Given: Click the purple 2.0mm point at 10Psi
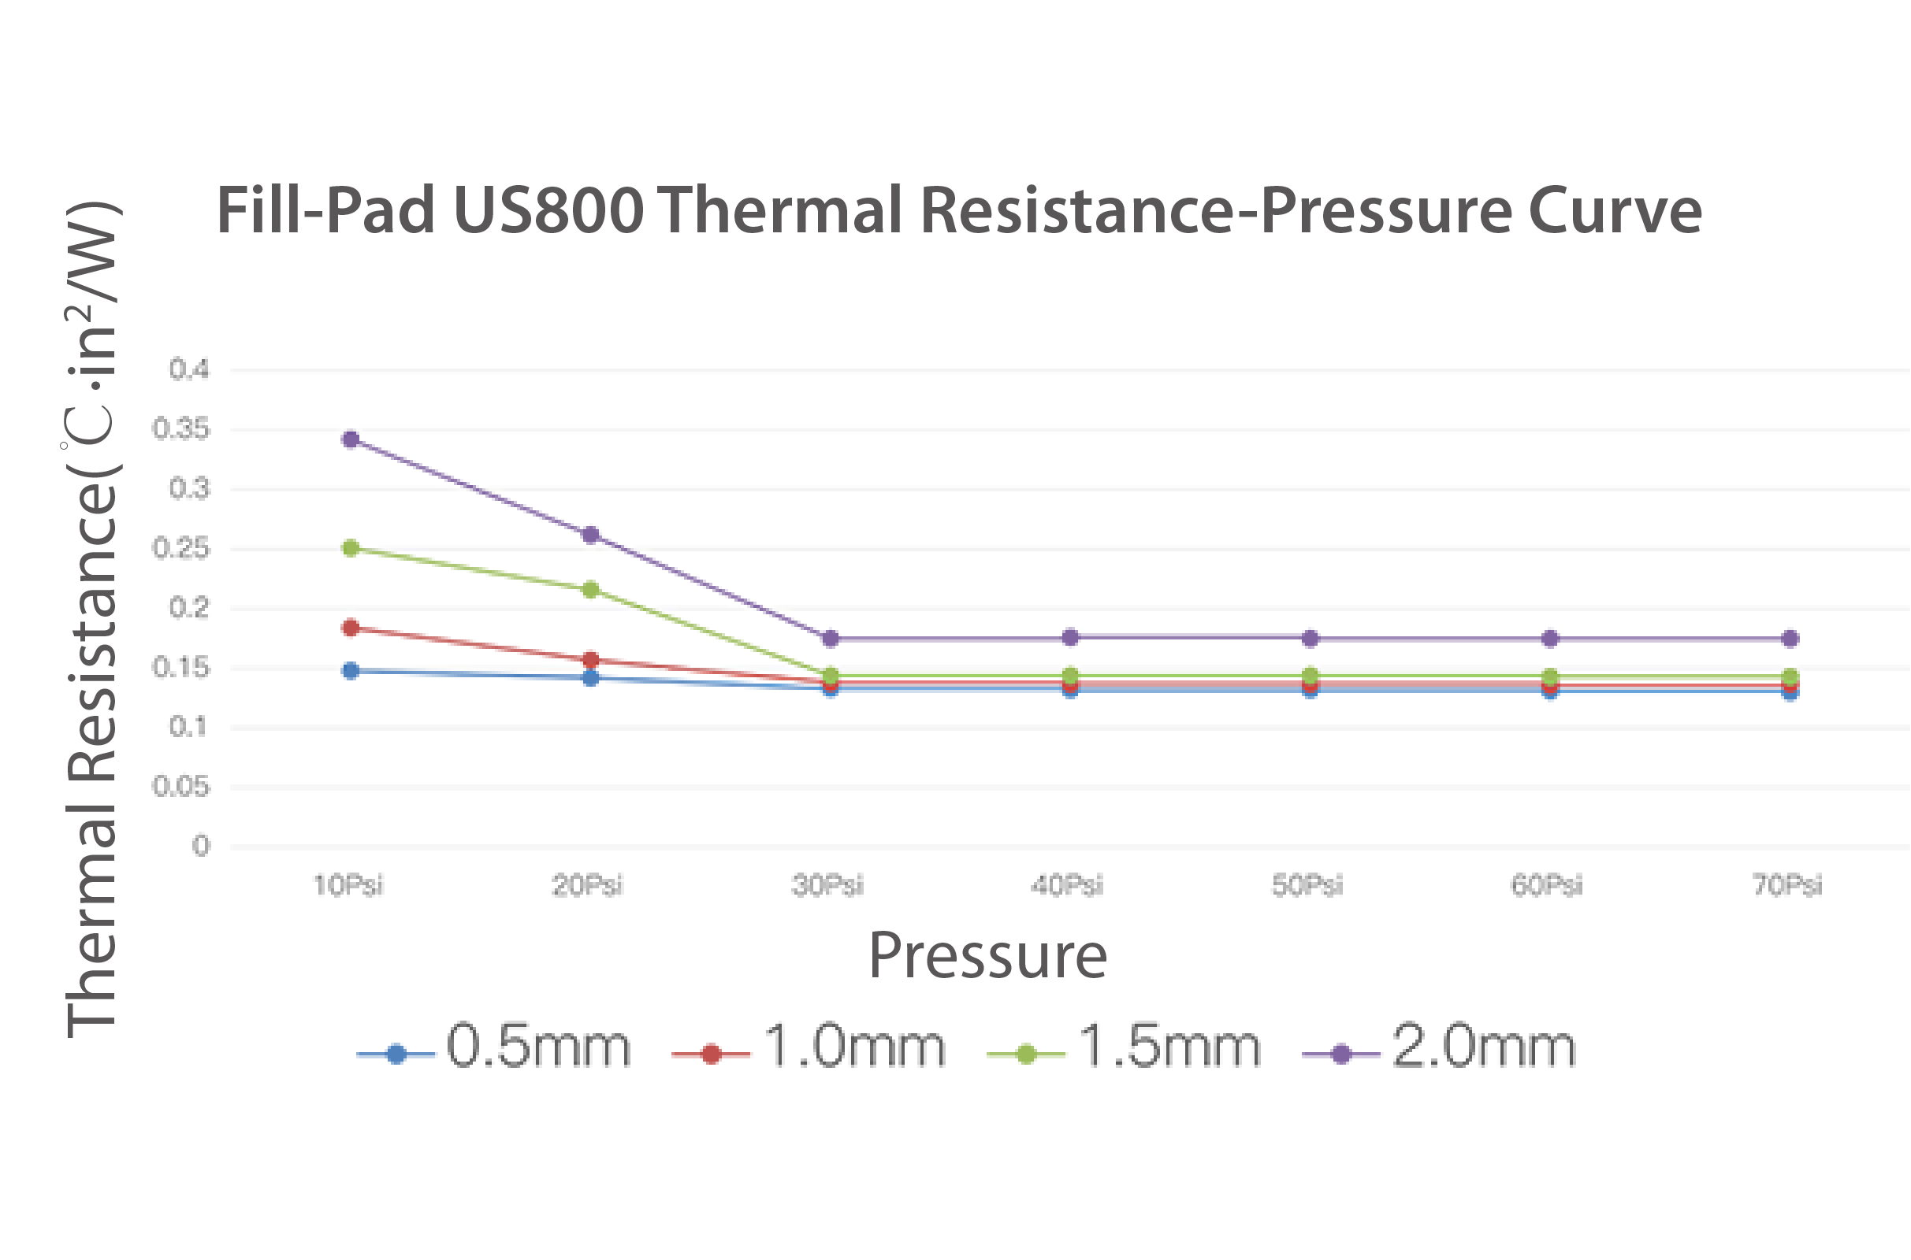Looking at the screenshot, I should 351,439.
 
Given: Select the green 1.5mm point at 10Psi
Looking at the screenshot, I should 351,548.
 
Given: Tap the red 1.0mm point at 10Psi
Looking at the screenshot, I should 351,628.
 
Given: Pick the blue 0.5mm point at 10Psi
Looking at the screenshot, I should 351,671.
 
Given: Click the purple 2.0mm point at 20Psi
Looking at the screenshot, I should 590,535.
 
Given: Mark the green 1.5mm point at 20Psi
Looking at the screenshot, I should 590,590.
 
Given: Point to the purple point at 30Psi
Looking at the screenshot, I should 831,639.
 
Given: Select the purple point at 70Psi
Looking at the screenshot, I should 1790,639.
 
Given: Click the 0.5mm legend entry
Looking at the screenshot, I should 494,1047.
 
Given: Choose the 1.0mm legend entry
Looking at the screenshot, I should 809,1047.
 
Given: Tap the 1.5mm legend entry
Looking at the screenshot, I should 1124,1047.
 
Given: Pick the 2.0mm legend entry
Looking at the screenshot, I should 1439,1047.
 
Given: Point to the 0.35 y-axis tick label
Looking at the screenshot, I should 181,429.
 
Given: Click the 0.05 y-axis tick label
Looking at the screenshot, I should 181,787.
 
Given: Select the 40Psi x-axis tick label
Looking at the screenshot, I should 1068,885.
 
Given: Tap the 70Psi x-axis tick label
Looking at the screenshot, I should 1788,885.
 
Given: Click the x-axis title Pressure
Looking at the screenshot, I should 988,956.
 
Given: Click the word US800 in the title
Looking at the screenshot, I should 548,210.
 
